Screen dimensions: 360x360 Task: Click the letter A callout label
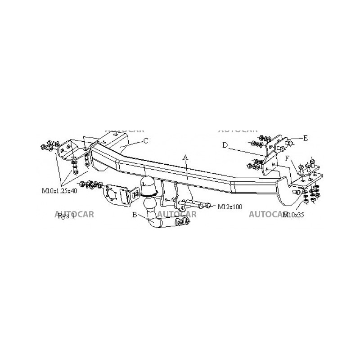[x=184, y=157]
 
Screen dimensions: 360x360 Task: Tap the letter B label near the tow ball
[x=135, y=215]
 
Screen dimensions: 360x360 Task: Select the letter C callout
[x=145, y=140]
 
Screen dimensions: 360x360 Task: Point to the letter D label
[x=225, y=145]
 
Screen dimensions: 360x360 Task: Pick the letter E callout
[x=306, y=138]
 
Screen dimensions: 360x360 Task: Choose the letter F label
[x=287, y=158]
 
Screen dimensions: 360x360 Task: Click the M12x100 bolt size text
[x=230, y=207]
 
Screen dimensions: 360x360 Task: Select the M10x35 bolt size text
[x=293, y=215]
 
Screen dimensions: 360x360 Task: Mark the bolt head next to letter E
[x=290, y=144]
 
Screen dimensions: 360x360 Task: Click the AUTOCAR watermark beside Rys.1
[x=74, y=214]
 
